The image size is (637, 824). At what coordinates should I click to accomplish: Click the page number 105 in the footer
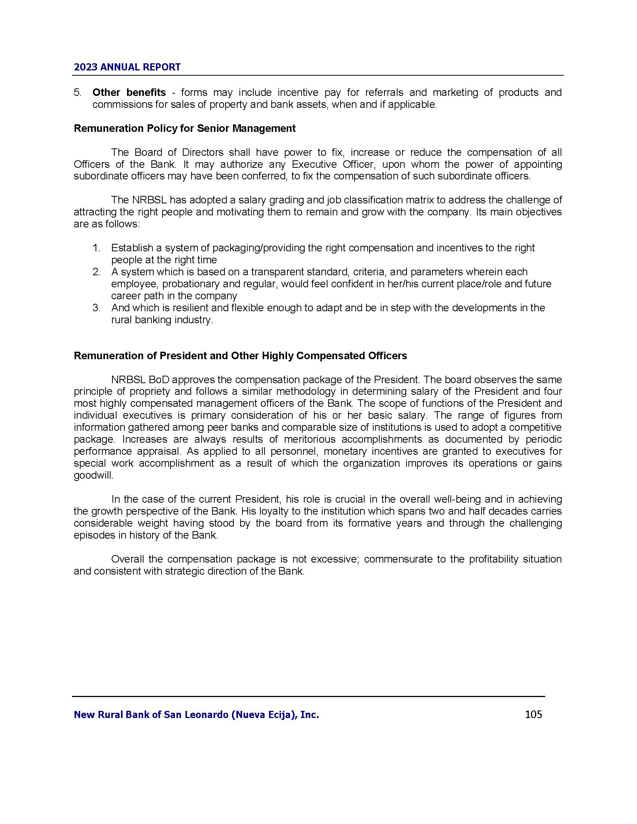click(533, 714)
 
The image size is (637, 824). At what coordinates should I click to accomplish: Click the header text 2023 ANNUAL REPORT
click(127, 67)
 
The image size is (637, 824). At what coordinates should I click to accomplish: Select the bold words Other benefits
click(129, 93)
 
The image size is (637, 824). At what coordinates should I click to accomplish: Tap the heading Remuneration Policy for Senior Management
click(184, 128)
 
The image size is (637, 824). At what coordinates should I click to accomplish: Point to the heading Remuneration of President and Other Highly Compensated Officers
click(241, 356)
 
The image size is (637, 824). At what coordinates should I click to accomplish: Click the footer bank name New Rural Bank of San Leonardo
click(196, 715)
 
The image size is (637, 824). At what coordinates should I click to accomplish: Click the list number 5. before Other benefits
click(77, 93)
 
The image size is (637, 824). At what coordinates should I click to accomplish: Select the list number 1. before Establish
click(96, 248)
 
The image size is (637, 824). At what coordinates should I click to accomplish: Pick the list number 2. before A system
click(96, 272)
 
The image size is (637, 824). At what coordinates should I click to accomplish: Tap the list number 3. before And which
click(96, 308)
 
